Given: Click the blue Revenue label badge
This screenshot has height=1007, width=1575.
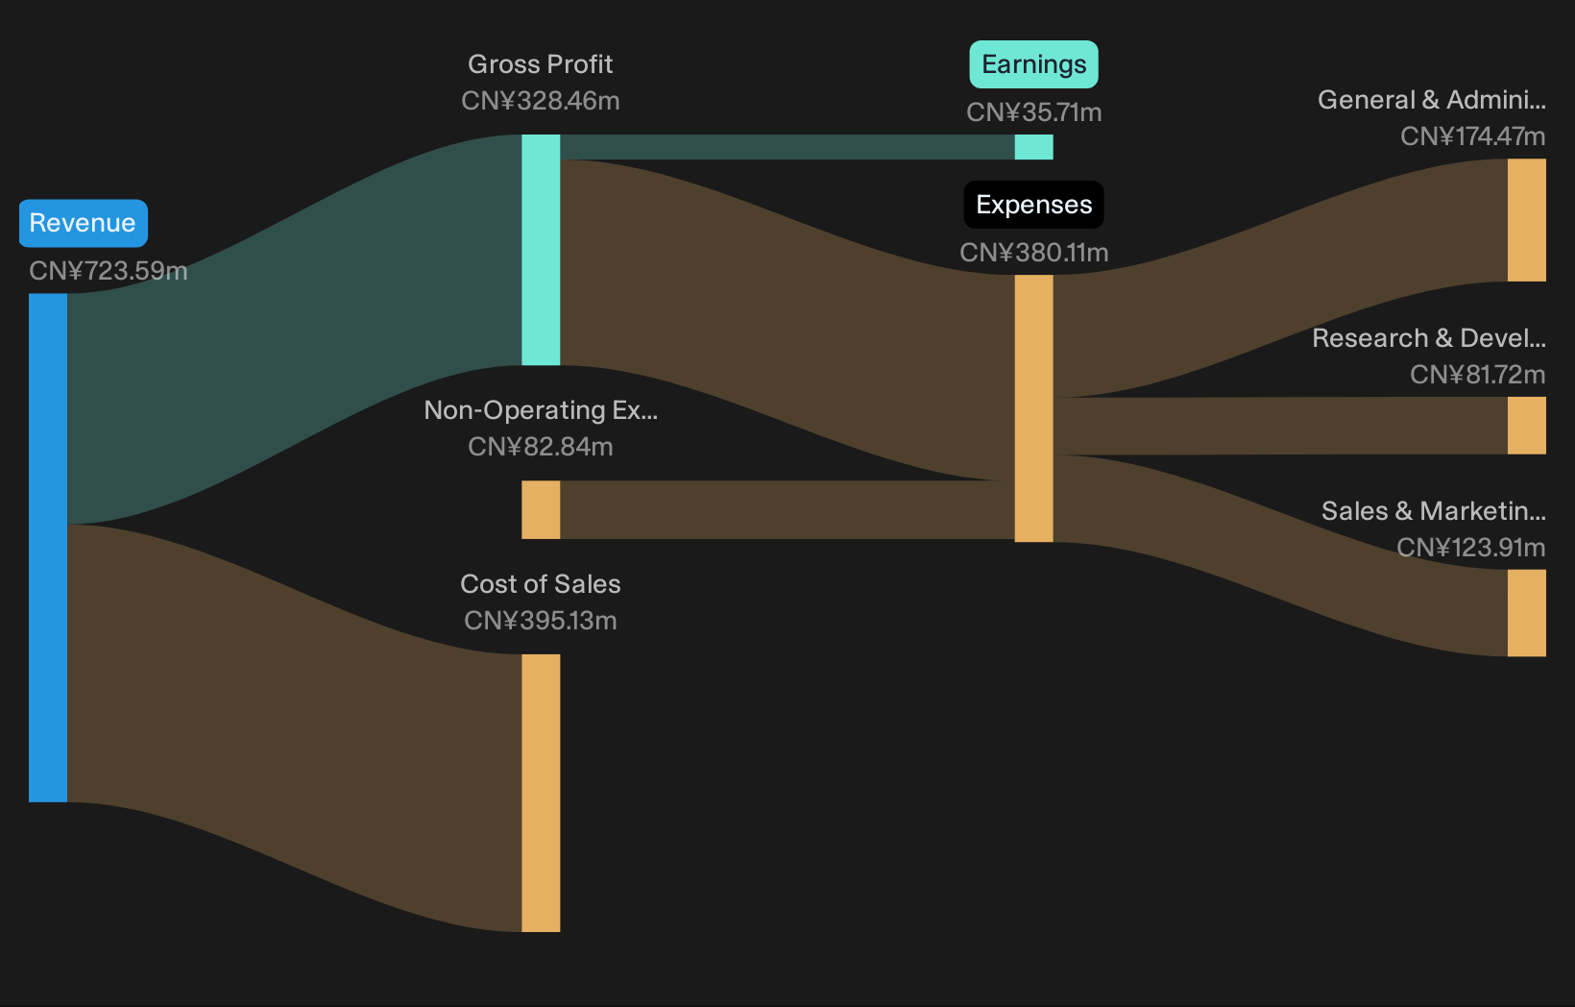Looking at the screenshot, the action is tap(83, 223).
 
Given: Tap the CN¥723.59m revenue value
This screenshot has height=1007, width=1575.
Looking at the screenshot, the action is tap(109, 271).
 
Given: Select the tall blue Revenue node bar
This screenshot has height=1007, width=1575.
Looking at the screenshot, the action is tap(48, 548).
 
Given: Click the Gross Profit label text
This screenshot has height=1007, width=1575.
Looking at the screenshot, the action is tap(540, 64).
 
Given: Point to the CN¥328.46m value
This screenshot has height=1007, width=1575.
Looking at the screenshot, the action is tap(540, 101).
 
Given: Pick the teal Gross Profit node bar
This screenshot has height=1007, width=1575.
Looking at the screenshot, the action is tap(541, 250).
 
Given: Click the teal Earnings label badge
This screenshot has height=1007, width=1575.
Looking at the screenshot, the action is tap(1033, 64).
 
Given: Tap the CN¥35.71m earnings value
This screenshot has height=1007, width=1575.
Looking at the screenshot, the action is tap(1033, 112).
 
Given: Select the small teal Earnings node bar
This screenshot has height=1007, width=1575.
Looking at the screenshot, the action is tap(1033, 147).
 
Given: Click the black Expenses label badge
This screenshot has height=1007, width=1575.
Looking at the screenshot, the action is tap(1033, 205).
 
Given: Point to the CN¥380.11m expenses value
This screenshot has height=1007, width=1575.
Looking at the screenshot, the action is tap(1033, 253).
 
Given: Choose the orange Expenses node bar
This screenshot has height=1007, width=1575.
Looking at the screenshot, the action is tap(1033, 408).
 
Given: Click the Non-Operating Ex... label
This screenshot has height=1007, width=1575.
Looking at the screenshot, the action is tap(541, 410).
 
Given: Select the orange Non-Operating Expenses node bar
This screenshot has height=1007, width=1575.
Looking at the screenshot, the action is tap(541, 509).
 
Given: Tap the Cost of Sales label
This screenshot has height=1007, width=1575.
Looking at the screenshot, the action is tap(540, 584).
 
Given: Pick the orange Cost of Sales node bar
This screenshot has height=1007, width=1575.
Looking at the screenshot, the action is tap(541, 793).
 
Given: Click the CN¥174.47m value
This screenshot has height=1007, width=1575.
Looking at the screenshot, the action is tap(1472, 136).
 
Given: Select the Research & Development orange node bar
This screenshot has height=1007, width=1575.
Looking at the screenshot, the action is tap(1526, 426).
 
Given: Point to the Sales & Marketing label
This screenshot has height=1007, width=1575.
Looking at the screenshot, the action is tap(1433, 511).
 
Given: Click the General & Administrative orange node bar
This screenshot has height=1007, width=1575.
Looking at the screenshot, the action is tap(1526, 220).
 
